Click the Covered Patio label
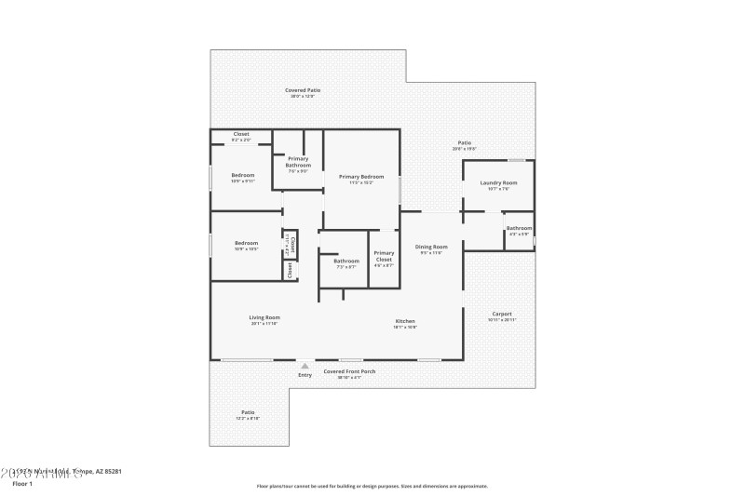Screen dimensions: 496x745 tap(302, 90)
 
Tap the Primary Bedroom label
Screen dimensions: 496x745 tap(361, 177)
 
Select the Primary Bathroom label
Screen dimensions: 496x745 tap(298, 162)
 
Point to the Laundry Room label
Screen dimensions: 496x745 tap(498, 183)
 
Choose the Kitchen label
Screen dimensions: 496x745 tap(404, 321)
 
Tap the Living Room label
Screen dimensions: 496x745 tap(264, 317)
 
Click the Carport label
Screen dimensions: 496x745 tap(501, 315)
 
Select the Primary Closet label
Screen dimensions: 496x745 tap(384, 256)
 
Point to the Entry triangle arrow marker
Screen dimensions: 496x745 tap(305, 366)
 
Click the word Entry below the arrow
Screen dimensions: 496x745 tap(305, 375)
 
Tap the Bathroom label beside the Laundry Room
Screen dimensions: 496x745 tap(519, 228)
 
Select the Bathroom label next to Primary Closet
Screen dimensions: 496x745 tap(346, 261)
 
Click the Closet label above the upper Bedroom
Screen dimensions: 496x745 tap(241, 134)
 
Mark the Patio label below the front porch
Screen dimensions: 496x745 tap(248, 412)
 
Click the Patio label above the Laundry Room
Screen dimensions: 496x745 tap(464, 142)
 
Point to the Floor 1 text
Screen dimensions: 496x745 tap(22, 484)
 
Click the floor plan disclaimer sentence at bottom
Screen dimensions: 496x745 tap(372, 486)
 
